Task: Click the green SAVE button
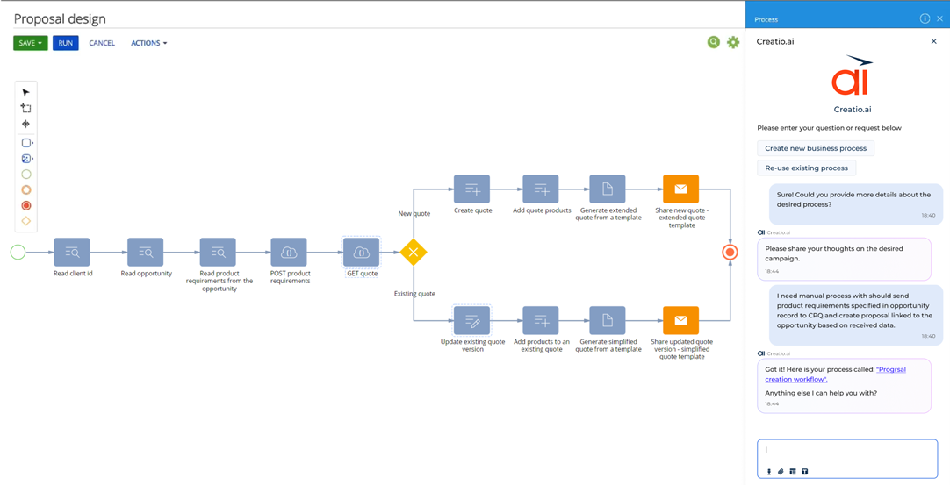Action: click(x=30, y=43)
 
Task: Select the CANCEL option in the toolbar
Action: click(x=102, y=43)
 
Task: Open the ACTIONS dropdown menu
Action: click(x=148, y=43)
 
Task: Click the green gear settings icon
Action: click(x=733, y=42)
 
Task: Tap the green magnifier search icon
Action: click(x=714, y=42)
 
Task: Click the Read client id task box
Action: click(x=72, y=253)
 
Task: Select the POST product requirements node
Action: click(x=289, y=253)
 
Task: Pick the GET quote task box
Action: click(x=361, y=253)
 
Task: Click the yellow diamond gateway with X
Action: click(x=414, y=253)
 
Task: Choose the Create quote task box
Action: click(x=472, y=189)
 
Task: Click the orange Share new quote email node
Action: click(x=680, y=189)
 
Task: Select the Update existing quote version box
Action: click(x=472, y=321)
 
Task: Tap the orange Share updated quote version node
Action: click(x=680, y=321)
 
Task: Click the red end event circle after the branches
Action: click(x=730, y=253)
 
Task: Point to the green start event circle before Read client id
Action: click(x=18, y=253)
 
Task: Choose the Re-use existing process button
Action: click(x=806, y=168)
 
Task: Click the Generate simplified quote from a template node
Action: click(x=608, y=321)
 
